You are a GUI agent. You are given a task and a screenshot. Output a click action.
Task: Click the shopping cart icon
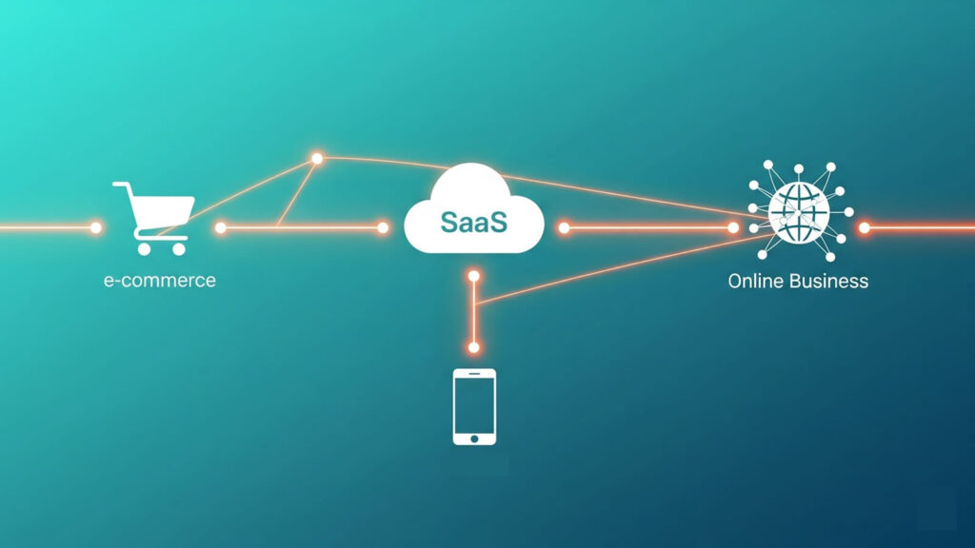click(154, 217)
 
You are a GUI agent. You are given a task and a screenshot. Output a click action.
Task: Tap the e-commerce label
click(159, 281)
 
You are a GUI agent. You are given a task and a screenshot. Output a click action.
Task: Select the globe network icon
click(800, 211)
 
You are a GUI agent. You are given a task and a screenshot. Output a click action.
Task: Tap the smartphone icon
click(473, 406)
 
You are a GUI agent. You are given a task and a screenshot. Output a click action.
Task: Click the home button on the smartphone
click(473, 439)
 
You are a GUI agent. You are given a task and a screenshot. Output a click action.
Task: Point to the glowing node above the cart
click(317, 158)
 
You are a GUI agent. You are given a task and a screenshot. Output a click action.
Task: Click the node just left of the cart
click(95, 228)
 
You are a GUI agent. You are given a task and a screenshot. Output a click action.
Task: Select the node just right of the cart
click(220, 228)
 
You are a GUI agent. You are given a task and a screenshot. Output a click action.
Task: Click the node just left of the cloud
click(383, 228)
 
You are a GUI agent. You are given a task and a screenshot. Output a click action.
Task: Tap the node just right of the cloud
click(564, 228)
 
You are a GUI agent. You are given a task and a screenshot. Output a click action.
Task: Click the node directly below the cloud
click(473, 276)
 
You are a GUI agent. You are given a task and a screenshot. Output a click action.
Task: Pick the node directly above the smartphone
click(473, 347)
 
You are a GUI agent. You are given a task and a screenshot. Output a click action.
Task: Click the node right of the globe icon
click(865, 228)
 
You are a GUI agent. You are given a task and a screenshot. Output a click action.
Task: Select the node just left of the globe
click(733, 228)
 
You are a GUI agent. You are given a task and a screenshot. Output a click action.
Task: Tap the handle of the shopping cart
click(119, 186)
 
